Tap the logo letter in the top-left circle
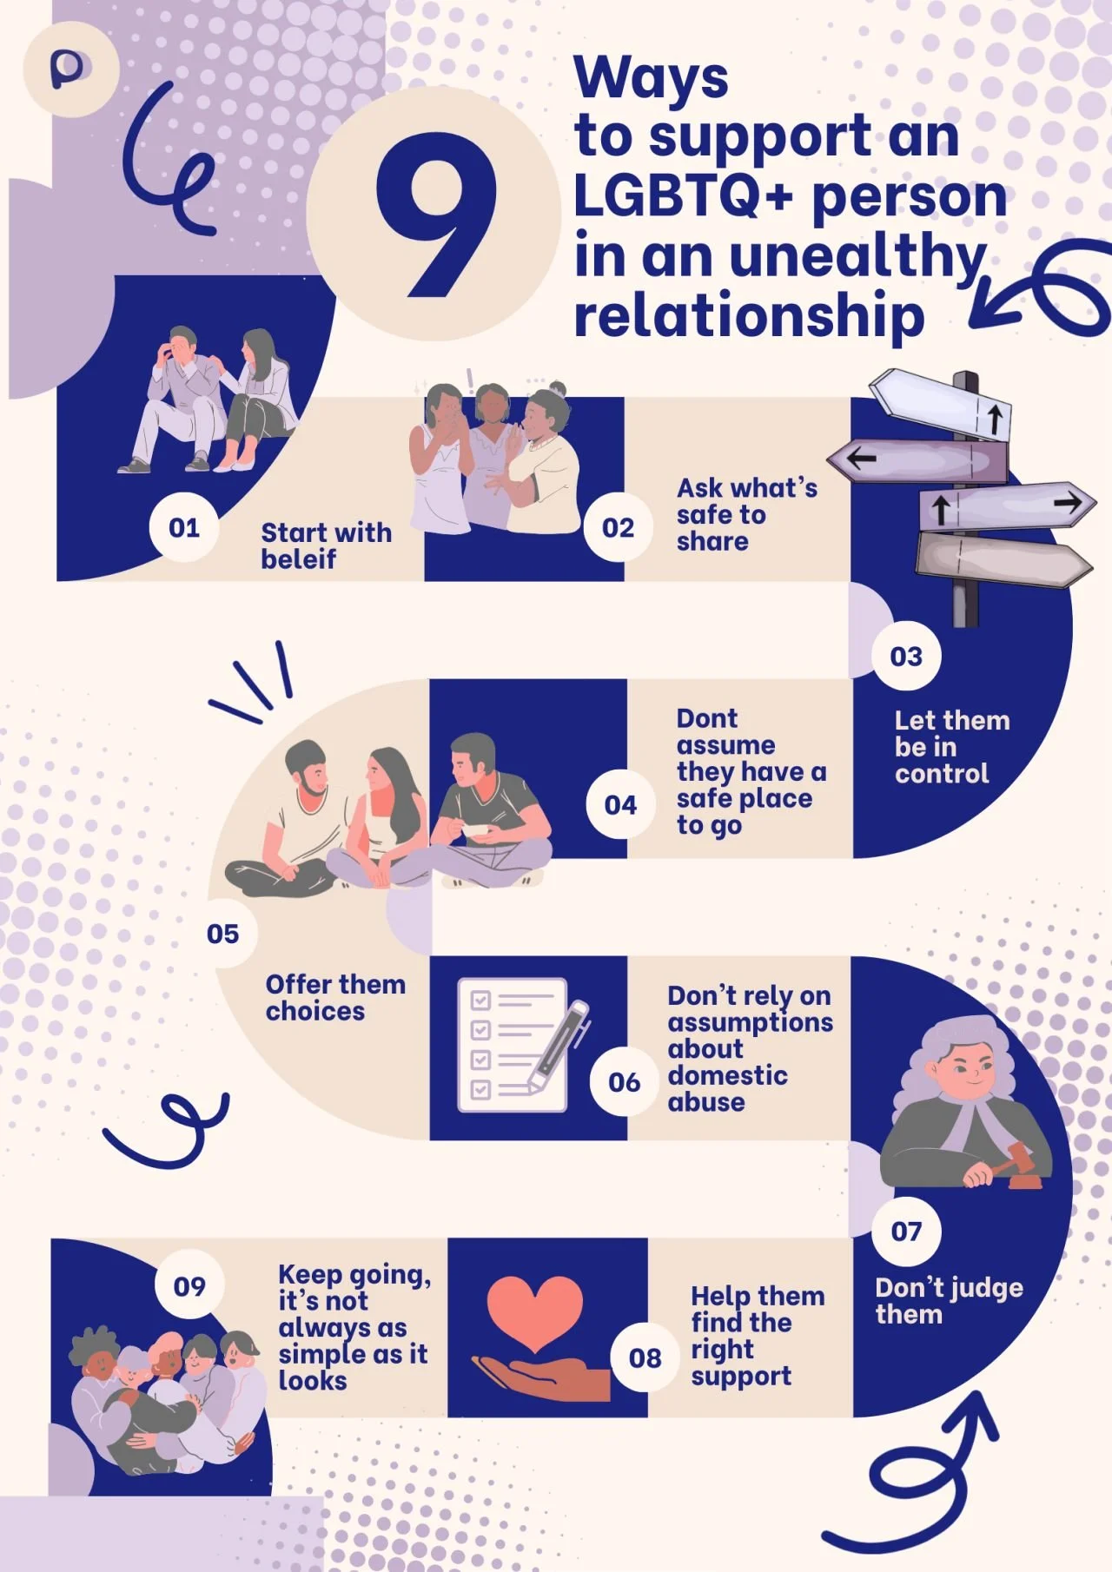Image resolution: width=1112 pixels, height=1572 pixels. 68,69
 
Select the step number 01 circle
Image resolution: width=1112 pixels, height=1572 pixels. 184,527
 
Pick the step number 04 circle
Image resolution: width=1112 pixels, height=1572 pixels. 620,805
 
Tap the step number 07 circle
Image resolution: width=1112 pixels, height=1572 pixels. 906,1231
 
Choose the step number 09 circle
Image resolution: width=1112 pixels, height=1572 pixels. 189,1285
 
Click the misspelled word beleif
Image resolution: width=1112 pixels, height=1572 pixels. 298,559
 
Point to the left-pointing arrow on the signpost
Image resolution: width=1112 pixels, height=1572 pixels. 862,458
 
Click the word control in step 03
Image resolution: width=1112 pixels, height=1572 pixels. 942,774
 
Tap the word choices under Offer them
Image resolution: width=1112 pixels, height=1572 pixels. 315,1012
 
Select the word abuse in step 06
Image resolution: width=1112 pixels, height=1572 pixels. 706,1102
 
